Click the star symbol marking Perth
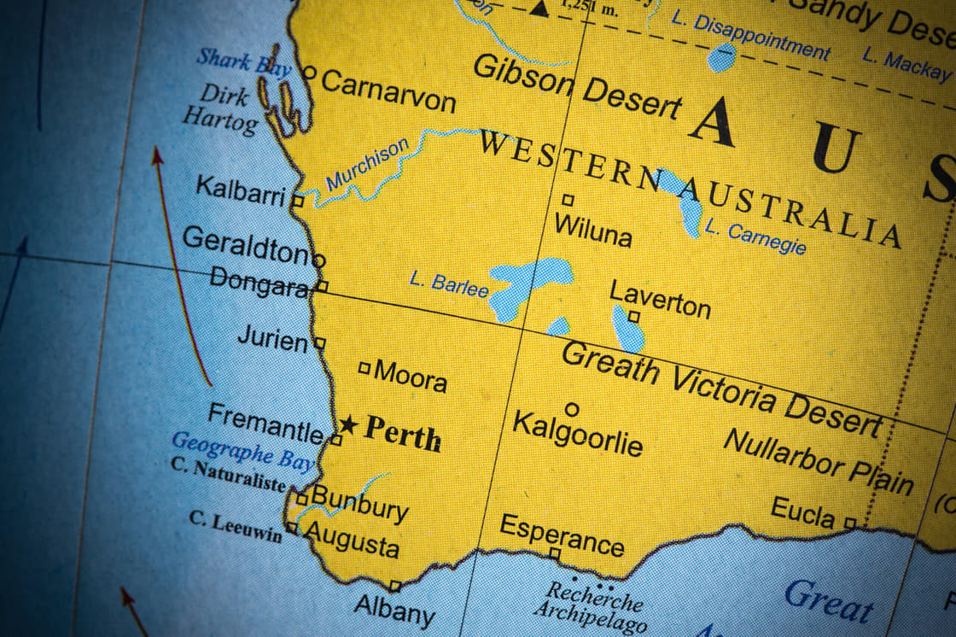(347, 424)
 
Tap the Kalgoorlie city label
(576, 432)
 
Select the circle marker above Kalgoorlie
(572, 410)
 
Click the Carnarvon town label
(388, 91)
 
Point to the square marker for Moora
(364, 368)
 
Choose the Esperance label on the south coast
(562, 535)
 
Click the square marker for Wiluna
(568, 200)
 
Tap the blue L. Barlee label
(449, 283)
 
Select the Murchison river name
(368, 165)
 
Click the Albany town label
(394, 610)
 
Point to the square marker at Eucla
(849, 522)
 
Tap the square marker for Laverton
(633, 316)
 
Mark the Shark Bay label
(243, 62)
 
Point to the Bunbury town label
(359, 502)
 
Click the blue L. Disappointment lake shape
(721, 58)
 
